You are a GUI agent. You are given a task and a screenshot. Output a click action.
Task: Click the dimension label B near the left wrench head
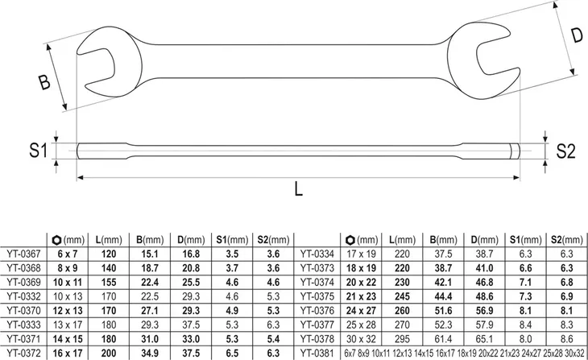point(44,82)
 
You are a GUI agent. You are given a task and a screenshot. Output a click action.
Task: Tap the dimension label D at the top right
point(577,35)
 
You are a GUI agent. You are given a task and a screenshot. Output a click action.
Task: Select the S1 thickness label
point(39,151)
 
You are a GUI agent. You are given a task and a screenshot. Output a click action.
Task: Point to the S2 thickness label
point(565,151)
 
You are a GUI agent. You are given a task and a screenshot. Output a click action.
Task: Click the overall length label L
point(298,188)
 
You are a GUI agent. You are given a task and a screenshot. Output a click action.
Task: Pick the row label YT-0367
point(23,254)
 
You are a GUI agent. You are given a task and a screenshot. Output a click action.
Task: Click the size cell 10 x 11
point(68,282)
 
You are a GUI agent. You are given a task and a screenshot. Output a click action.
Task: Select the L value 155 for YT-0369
point(109,282)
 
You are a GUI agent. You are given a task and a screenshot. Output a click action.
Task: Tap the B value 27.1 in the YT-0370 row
point(150,311)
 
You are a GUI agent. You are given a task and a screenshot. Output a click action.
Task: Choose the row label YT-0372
point(23,353)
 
